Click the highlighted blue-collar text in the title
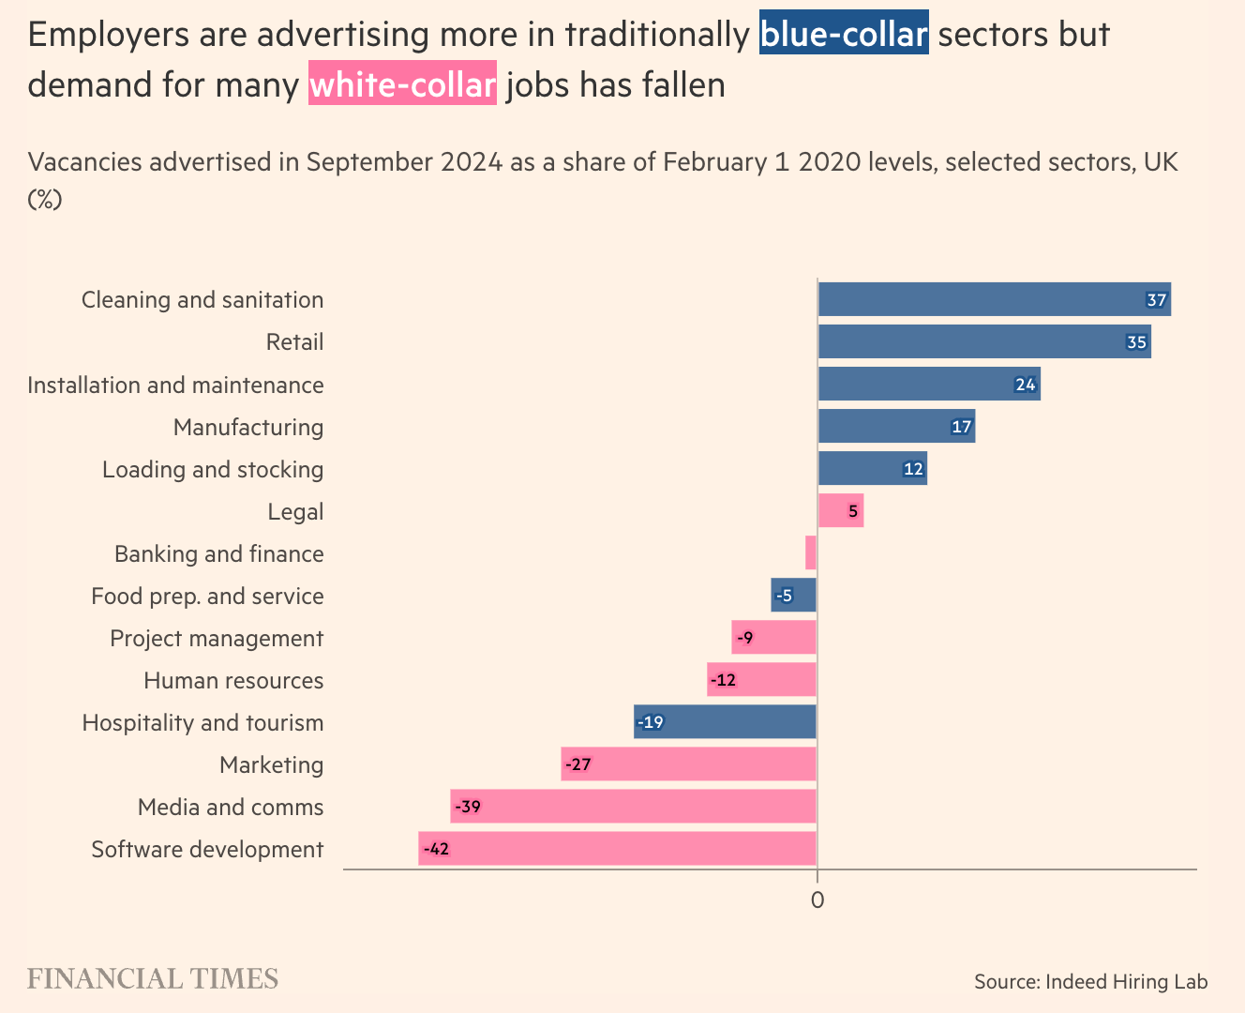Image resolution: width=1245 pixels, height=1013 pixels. pyautogui.click(x=844, y=34)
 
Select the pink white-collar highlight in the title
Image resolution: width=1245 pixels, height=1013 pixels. pyautogui.click(x=402, y=84)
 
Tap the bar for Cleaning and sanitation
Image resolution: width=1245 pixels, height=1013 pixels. pyautogui.click(x=994, y=300)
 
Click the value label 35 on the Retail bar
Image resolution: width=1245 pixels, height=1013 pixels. pyautogui.click(x=1136, y=342)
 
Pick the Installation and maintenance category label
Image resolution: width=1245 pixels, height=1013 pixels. pyautogui.click(x=175, y=385)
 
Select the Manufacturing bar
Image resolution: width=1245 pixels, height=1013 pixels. pyautogui.click(x=896, y=427)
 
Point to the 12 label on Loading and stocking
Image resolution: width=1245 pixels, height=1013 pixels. pyautogui.click(x=913, y=469)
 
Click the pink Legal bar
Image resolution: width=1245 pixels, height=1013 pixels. pyautogui.click(x=840, y=511)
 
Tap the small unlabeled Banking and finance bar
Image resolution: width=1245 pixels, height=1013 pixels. pyautogui.click(x=811, y=553)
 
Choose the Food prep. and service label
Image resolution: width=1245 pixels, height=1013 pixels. pyautogui.click(x=207, y=596)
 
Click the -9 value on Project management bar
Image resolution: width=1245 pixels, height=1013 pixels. pyautogui.click(x=744, y=638)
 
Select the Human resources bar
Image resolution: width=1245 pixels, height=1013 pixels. pyautogui.click(x=761, y=680)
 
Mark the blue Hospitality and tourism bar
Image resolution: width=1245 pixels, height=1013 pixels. pyautogui.click(x=725, y=722)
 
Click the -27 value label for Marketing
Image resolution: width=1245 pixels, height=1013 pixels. pyautogui.click(x=578, y=764)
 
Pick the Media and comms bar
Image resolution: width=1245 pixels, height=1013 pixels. pyautogui.click(x=633, y=807)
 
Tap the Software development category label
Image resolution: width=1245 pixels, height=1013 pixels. pyautogui.click(x=207, y=849)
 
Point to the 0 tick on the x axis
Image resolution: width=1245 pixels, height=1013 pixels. pyautogui.click(x=817, y=900)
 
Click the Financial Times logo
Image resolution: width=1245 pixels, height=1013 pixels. pyautogui.click(x=153, y=979)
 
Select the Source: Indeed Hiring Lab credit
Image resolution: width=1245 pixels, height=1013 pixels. pyautogui.click(x=1090, y=981)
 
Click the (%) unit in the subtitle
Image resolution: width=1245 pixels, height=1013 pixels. pyautogui.click(x=44, y=199)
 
